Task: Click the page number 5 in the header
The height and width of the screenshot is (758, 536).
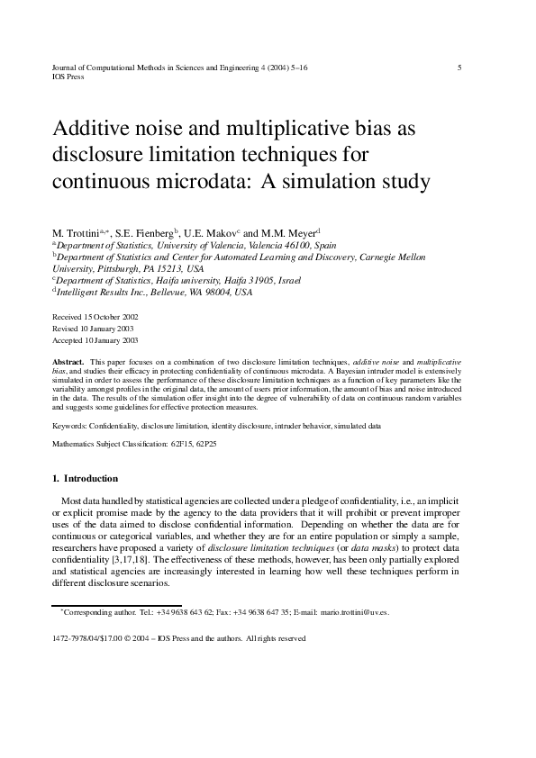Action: [x=460, y=68]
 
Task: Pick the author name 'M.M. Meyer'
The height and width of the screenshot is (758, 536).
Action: [x=287, y=231]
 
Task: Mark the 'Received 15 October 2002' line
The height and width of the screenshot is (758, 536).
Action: [x=95, y=318]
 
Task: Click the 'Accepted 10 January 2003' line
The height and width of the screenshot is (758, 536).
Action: [x=95, y=341]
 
